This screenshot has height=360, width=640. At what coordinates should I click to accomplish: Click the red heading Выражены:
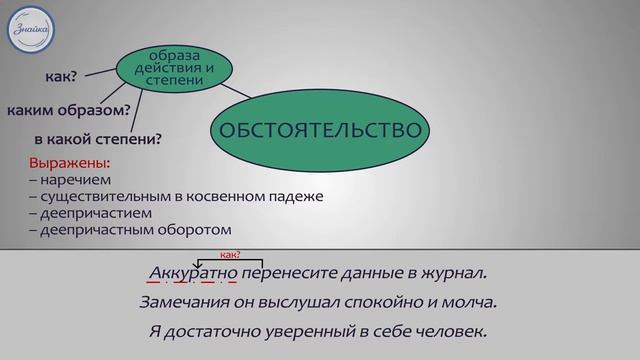pos(69,163)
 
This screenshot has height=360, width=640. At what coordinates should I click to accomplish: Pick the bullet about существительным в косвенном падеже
pos(176,196)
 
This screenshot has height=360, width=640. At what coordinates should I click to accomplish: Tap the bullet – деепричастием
pos(86,213)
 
